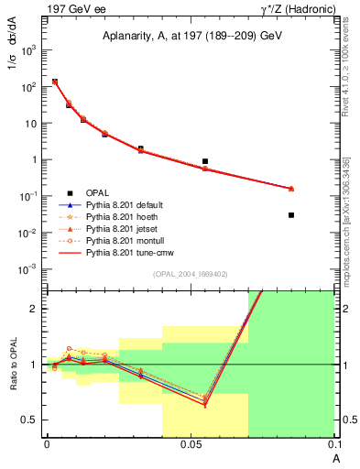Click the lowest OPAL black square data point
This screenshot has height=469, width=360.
tap(291, 215)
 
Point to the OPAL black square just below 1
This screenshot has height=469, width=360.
tap(205, 161)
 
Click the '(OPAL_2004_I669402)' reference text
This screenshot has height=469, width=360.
tap(190, 273)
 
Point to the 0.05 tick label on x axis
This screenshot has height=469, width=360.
tap(191, 442)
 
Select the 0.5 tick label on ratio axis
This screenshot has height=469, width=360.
tap(32, 420)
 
